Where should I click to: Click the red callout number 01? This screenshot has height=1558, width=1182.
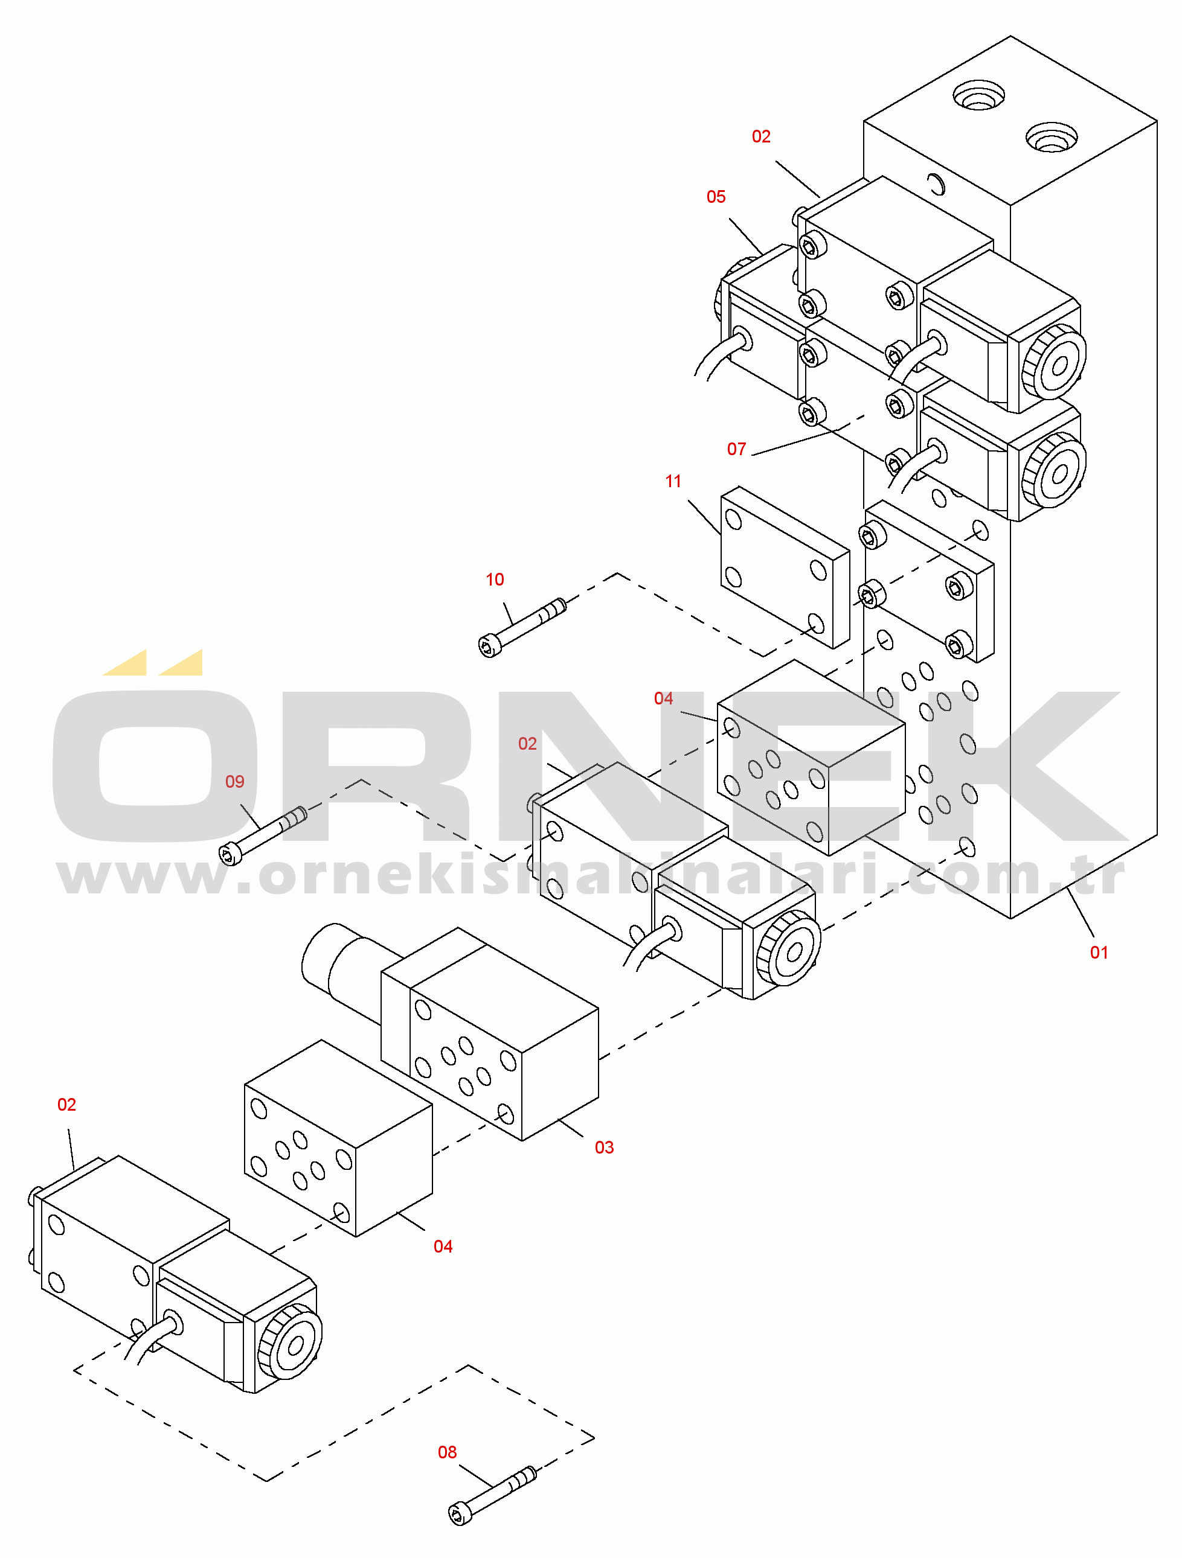tap(1098, 953)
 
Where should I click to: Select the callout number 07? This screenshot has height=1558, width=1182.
tap(736, 449)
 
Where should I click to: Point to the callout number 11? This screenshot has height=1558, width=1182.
tap(673, 481)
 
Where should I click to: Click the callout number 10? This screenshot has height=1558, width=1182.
tap(494, 579)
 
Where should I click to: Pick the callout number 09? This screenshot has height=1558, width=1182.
tap(235, 781)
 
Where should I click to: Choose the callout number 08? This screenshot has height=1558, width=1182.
tap(447, 1452)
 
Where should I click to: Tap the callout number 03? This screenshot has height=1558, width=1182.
tap(604, 1148)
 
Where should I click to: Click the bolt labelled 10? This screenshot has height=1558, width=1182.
tap(522, 628)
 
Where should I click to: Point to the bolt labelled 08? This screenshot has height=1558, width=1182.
tap(492, 1495)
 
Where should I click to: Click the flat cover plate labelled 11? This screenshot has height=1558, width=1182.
tap(785, 567)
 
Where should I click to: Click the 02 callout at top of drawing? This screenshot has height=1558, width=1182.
tap(760, 136)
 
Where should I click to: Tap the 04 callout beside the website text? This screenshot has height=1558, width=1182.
tap(663, 698)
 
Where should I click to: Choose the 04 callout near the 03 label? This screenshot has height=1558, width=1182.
tap(443, 1246)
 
